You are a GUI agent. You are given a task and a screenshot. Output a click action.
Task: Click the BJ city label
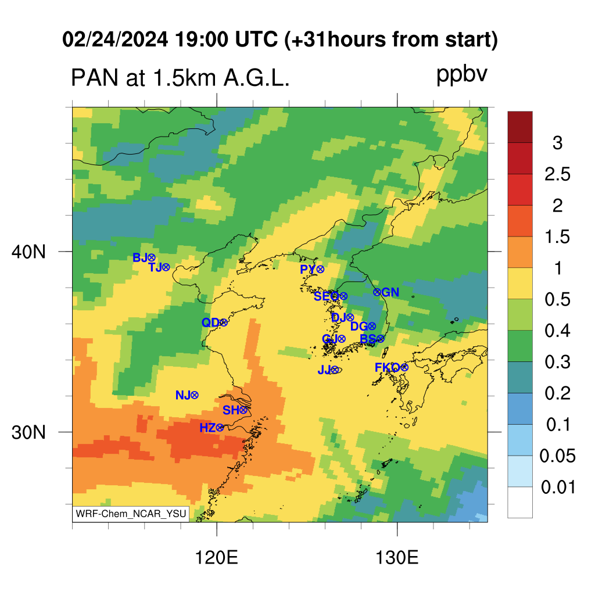139,258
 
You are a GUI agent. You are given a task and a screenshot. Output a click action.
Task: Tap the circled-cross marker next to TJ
166,267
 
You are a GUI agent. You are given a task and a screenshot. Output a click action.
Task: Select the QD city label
210,322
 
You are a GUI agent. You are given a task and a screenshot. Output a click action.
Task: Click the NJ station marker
194,395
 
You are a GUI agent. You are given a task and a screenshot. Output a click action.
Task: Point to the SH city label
231,410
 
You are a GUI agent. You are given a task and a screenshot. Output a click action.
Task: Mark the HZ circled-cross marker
220,428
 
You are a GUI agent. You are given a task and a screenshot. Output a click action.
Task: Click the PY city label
308,270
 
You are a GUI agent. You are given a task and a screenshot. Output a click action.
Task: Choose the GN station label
390,292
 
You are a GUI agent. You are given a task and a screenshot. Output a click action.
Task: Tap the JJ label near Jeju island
324,370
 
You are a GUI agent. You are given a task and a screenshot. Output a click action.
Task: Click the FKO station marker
404,367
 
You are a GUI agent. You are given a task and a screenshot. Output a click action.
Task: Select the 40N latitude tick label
28,252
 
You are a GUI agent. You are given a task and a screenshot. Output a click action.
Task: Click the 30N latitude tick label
28,432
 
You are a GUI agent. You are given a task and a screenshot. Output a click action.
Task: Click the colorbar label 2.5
557,174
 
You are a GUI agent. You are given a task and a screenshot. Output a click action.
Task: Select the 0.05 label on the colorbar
557,456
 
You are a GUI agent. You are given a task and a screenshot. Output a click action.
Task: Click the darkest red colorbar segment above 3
520,127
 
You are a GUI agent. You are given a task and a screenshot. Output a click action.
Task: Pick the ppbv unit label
462,75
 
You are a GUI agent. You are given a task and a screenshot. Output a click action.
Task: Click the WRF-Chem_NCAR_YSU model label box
131,514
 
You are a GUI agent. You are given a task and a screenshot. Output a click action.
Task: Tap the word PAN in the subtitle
95,78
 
